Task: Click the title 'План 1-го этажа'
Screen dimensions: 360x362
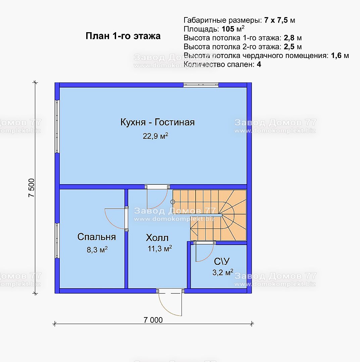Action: click(123, 36)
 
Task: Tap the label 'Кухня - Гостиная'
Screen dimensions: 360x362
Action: click(158, 122)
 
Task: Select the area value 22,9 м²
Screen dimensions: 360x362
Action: click(155, 136)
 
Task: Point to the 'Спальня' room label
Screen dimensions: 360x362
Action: click(97, 237)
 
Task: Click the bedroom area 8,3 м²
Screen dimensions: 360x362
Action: click(97, 250)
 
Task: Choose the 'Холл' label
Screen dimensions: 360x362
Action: click(157, 238)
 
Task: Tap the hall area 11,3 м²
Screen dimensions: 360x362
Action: click(160, 248)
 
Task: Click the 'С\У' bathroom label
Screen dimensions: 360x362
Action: click(222, 261)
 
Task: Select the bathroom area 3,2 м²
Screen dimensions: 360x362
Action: click(223, 272)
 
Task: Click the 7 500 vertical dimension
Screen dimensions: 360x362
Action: click(32, 188)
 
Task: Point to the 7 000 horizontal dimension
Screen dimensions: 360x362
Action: click(153, 320)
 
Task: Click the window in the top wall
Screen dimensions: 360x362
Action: click(201, 85)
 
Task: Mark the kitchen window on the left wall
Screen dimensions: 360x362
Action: click(57, 126)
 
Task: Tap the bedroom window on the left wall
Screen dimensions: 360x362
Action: click(57, 241)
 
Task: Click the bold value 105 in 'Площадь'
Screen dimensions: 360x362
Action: click(228, 29)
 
